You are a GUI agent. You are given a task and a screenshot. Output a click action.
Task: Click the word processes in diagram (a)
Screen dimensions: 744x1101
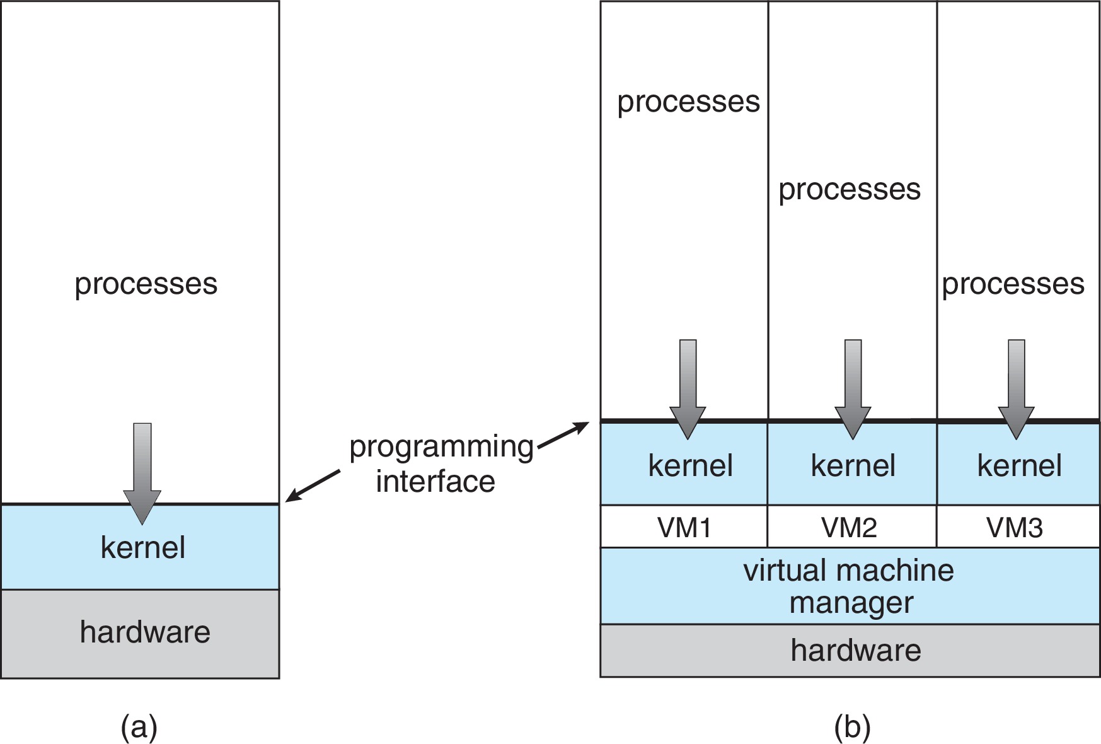[x=146, y=284]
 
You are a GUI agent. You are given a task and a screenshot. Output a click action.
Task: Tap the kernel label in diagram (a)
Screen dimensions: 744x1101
[x=142, y=547]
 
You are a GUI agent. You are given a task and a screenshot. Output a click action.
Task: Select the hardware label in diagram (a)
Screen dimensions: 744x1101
[x=145, y=632]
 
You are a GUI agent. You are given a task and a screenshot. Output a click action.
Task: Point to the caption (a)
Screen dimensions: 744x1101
[x=139, y=727]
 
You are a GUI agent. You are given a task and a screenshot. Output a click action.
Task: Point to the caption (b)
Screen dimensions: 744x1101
[x=852, y=727]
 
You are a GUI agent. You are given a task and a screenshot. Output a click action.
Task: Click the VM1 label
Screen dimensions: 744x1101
[x=684, y=527]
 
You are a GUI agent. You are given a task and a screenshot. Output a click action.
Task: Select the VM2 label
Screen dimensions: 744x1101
[x=849, y=527]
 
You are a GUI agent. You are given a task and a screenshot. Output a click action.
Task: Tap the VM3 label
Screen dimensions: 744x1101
[x=1014, y=527]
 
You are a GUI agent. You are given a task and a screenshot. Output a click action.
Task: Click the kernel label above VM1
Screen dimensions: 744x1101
[x=690, y=466]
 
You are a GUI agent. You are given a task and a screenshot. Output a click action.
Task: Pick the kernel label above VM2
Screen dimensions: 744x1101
[x=853, y=466]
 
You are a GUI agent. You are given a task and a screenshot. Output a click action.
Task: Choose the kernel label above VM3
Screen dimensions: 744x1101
[x=1019, y=466]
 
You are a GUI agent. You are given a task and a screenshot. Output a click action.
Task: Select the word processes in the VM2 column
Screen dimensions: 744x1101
[x=849, y=190]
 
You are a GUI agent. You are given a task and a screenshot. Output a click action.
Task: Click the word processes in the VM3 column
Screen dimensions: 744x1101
[x=1013, y=284]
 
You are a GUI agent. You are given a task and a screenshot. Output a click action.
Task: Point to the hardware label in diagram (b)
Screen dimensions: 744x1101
[x=855, y=650]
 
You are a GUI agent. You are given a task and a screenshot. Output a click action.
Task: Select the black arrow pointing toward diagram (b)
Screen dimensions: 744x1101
[x=563, y=436]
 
